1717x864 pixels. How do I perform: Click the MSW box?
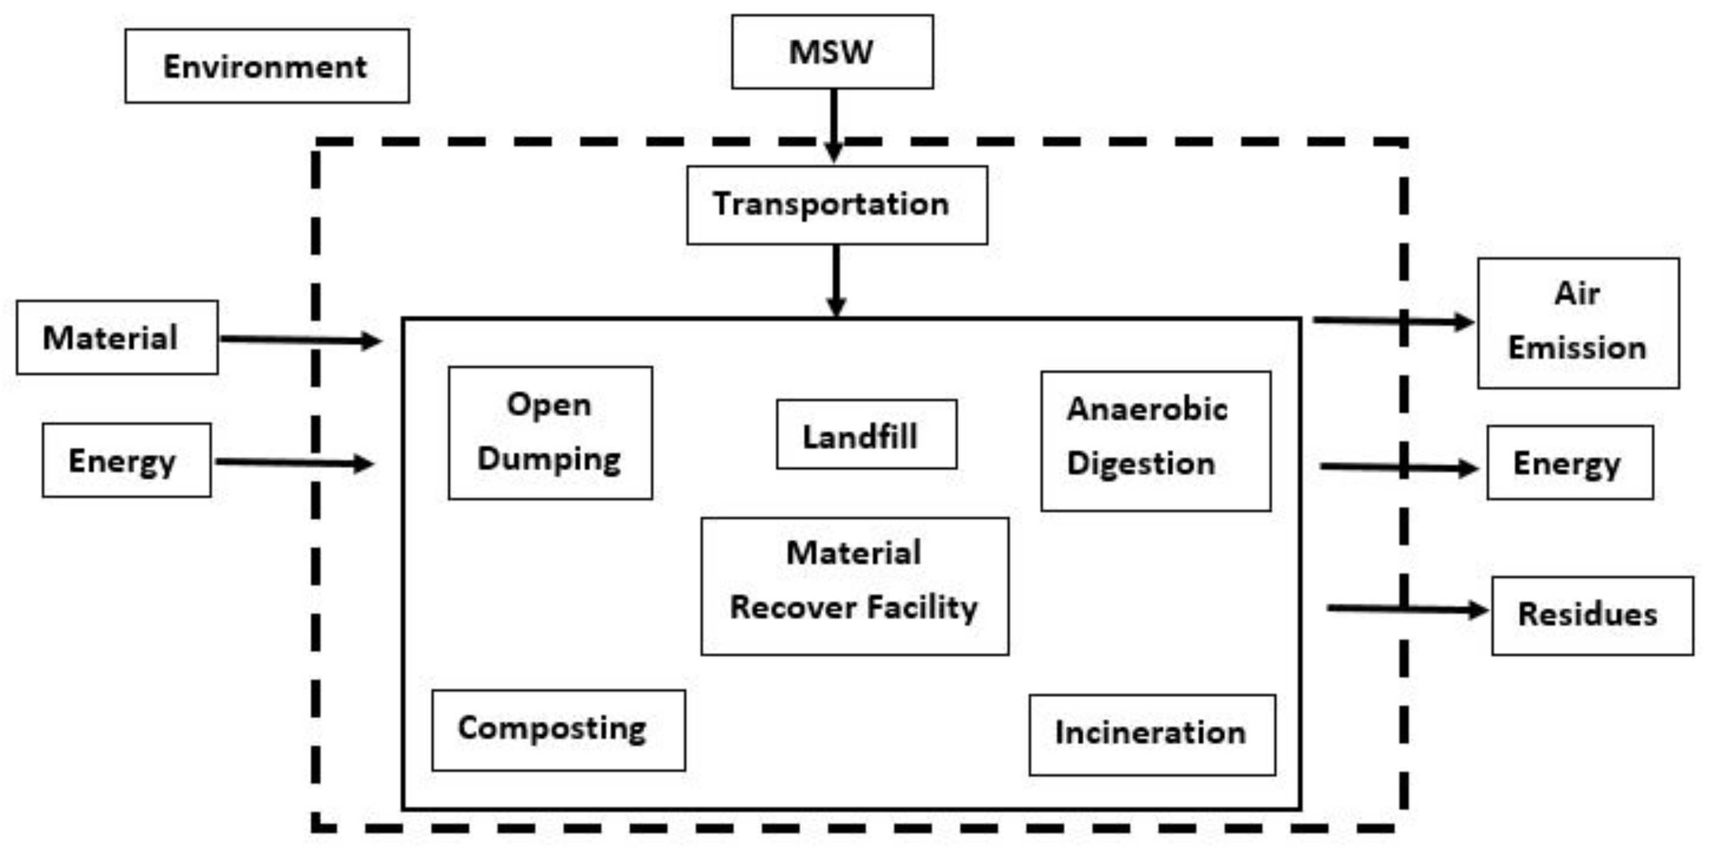pyautogui.click(x=832, y=52)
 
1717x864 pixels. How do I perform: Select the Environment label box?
pyautogui.click(x=267, y=66)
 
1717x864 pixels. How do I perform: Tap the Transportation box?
pyautogui.click(x=837, y=205)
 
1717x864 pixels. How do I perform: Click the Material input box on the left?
pyautogui.click(x=117, y=337)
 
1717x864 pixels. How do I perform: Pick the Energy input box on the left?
pyautogui.click(x=127, y=460)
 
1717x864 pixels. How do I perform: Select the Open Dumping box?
pyautogui.click(x=550, y=433)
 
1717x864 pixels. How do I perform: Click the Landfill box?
pyautogui.click(x=866, y=435)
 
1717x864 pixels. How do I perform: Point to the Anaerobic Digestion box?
pyautogui.click(x=1155, y=441)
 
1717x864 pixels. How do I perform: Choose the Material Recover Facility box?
pyautogui.click(x=854, y=586)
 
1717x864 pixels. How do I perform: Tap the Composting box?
pyautogui.click(x=558, y=730)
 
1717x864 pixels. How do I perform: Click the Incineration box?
pyautogui.click(x=1152, y=734)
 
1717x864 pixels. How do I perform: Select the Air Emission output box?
pyautogui.click(x=1578, y=323)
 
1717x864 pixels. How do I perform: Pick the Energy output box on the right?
pyautogui.click(x=1570, y=463)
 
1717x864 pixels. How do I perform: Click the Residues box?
pyautogui.click(x=1592, y=615)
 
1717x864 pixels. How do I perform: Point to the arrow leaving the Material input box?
pyautogui.click(x=300, y=340)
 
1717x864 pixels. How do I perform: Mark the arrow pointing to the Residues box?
pyautogui.click(x=1406, y=608)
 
